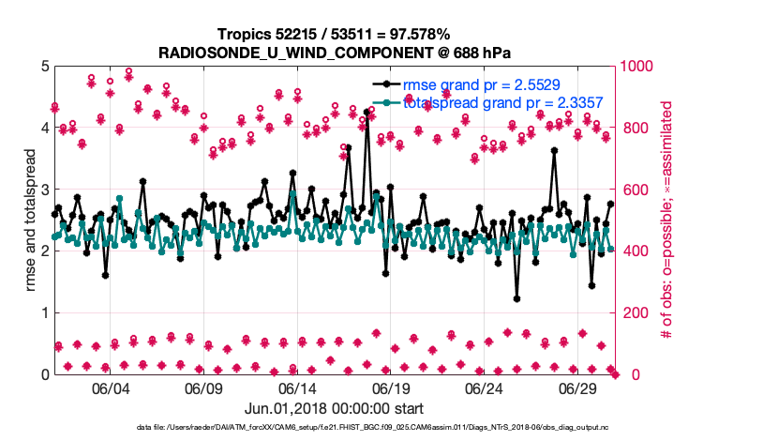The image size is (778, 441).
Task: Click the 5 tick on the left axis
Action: pyautogui.click(x=45, y=67)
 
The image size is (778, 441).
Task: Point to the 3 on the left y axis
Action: pyautogui.click(x=45, y=190)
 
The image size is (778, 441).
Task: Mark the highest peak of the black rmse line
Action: pyautogui.click(x=367, y=112)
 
